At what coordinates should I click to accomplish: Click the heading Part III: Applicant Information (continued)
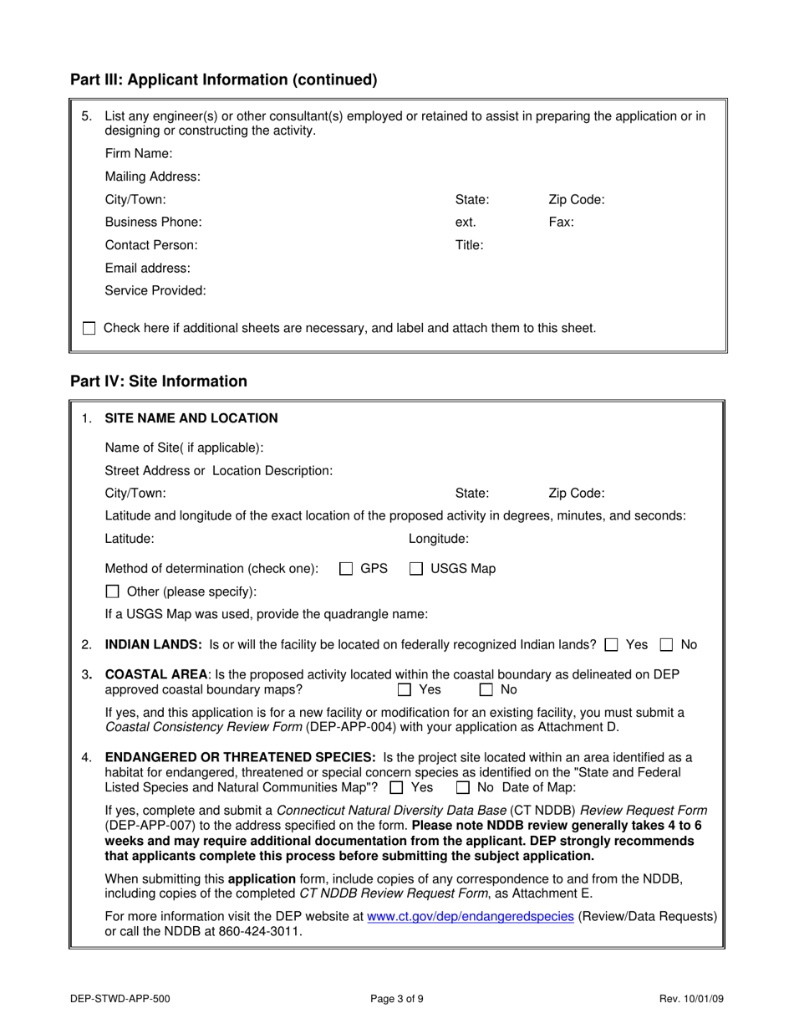(x=224, y=80)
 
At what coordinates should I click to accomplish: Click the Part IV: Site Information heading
(x=159, y=381)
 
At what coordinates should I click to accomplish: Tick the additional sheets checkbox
(x=89, y=329)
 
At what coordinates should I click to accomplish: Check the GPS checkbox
(x=346, y=569)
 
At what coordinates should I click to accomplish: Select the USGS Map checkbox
(x=416, y=569)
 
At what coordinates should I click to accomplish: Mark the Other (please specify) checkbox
(x=113, y=592)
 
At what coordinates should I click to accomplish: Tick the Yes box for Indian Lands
(x=612, y=645)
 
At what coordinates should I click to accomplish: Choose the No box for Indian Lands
(x=667, y=645)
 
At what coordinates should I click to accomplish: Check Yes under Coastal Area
(x=405, y=690)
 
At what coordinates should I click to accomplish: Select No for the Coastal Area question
(x=486, y=690)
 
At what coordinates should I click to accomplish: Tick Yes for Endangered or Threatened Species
(x=397, y=788)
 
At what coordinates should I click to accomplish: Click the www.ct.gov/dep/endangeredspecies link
(x=471, y=917)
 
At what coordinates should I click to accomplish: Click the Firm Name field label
(x=139, y=154)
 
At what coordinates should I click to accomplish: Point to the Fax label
(x=561, y=223)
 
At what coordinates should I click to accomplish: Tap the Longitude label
(x=438, y=540)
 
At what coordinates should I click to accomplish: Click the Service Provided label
(x=155, y=291)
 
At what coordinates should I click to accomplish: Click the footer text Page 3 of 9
(x=397, y=998)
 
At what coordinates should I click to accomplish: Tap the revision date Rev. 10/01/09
(x=690, y=998)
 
